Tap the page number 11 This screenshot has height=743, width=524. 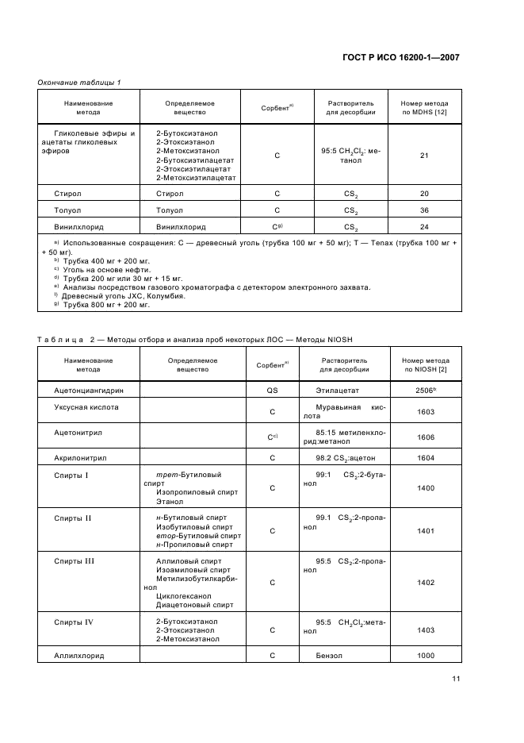[x=456, y=678]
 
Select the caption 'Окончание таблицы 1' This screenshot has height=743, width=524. [x=79, y=83]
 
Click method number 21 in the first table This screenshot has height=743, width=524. [x=424, y=156]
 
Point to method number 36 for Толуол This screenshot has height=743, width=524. [x=424, y=210]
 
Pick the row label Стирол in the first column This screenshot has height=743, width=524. [x=67, y=194]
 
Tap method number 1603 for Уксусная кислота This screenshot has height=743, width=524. [x=425, y=412]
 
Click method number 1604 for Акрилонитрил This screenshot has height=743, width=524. [x=425, y=458]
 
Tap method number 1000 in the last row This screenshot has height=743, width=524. [x=425, y=656]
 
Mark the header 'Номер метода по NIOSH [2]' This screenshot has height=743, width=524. [x=425, y=365]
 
